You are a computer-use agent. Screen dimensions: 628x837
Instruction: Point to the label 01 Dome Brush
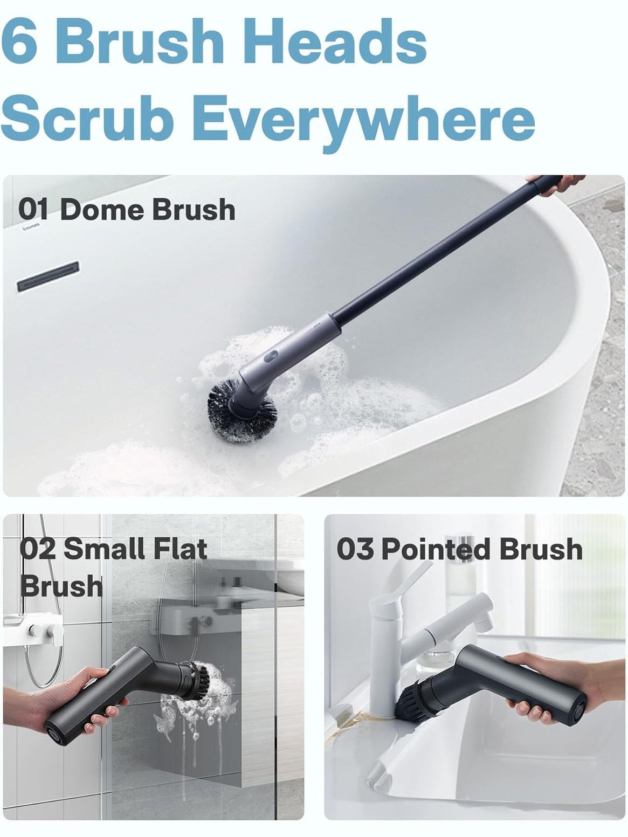pyautogui.click(x=126, y=210)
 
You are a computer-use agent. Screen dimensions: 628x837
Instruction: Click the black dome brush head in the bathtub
pyautogui.click(x=241, y=413)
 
